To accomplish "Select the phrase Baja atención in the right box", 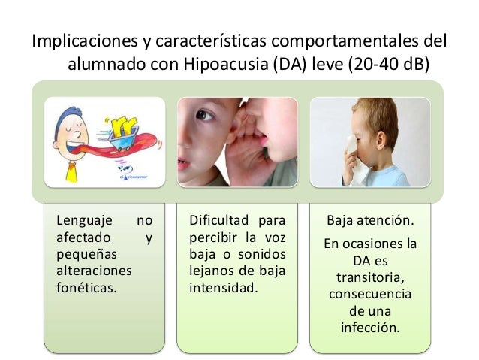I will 369,222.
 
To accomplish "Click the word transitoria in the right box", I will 369,278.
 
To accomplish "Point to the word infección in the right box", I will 369,328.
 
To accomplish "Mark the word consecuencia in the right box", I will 369,295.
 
